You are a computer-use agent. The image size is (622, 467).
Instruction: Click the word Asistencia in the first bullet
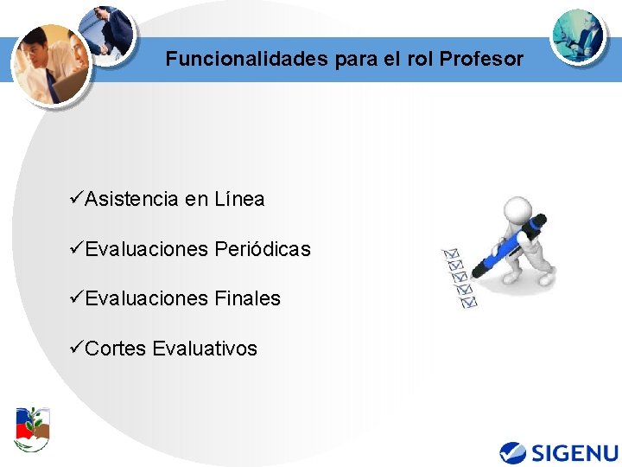coord(132,200)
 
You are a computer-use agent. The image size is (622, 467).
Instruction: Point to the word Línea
coord(237,200)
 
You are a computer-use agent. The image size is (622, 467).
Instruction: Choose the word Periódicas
coord(262,250)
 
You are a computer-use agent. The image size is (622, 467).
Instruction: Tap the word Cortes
coord(116,349)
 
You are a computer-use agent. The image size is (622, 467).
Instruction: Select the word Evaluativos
coord(205,349)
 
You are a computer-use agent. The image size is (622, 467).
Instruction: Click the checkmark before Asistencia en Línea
coord(76,199)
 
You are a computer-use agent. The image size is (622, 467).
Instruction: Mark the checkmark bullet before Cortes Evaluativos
coord(76,348)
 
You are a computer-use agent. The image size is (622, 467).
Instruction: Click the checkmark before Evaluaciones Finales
coord(76,298)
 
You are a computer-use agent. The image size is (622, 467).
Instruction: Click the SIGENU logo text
coord(574,452)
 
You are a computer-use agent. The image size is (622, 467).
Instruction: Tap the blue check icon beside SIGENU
coord(513,452)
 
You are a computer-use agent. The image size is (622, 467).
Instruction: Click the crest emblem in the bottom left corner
coord(33,428)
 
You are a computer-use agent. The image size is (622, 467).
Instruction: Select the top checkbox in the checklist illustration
coord(450,254)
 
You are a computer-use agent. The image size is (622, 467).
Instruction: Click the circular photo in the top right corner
coord(578,35)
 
